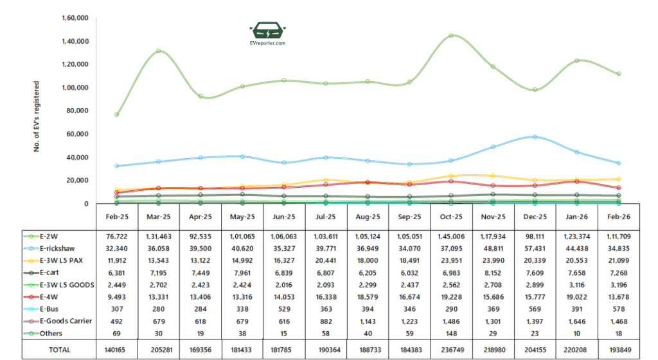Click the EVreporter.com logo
click(268, 33)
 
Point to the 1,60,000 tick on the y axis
click(75, 18)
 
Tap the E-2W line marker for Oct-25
click(451, 35)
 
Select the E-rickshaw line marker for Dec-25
click(535, 137)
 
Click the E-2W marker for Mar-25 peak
click(158, 51)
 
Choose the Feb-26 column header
click(618, 217)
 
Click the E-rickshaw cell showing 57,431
click(535, 249)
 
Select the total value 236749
click(451, 350)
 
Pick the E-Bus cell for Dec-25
click(535, 310)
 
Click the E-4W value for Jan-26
click(576, 298)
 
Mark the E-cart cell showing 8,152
click(493, 273)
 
